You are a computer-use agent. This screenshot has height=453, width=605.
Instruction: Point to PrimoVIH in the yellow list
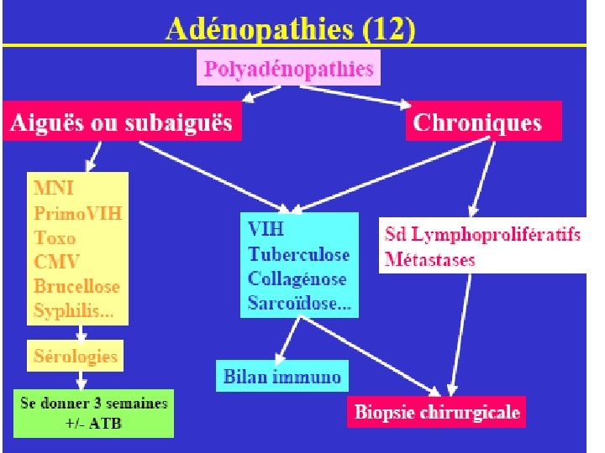tap(77, 212)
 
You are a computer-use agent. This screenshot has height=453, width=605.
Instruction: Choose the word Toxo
tap(55, 237)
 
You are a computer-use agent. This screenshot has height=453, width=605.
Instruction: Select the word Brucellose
tap(76, 286)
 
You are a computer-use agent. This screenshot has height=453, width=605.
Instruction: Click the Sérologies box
tap(76, 357)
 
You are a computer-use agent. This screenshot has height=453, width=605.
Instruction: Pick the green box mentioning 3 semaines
tap(93, 412)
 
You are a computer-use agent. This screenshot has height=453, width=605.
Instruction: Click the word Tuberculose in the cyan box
tap(299, 254)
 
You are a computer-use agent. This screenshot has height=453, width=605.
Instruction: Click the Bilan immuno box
tap(282, 377)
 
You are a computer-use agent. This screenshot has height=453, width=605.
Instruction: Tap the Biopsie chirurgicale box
tap(437, 412)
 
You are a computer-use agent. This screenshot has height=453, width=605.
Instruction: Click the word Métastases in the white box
tap(429, 259)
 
